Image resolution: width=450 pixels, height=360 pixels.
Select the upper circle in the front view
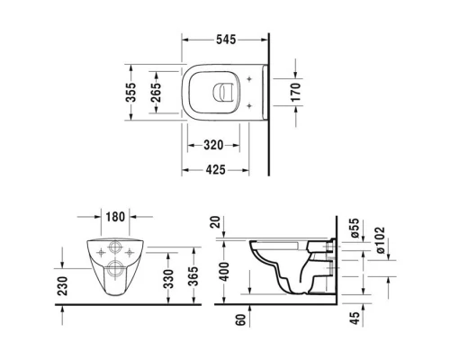pyautogui.click(x=113, y=249)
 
